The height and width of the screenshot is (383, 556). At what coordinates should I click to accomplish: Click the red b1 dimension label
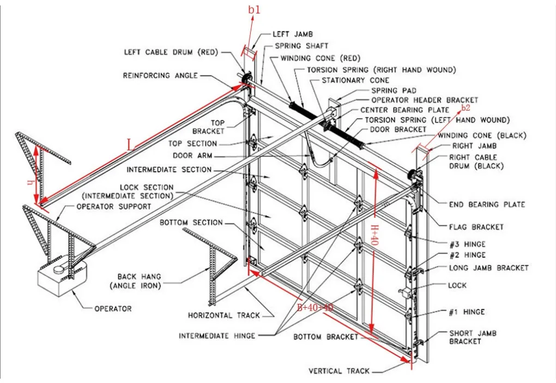pyautogui.click(x=255, y=10)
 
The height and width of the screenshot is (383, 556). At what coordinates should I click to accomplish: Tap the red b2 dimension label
pyautogui.click(x=465, y=107)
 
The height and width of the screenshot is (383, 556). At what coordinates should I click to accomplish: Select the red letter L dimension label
pyautogui.click(x=129, y=145)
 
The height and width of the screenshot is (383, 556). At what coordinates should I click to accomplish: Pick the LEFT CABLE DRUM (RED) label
pyautogui.click(x=171, y=52)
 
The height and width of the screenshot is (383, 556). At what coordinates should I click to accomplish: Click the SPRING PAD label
pyautogui.click(x=394, y=90)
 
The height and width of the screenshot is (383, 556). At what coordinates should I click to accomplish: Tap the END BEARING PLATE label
pyautogui.click(x=487, y=205)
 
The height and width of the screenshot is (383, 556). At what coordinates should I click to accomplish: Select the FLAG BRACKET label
pyautogui.click(x=476, y=227)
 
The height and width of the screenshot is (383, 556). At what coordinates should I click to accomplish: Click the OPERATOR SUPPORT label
pyautogui.click(x=113, y=207)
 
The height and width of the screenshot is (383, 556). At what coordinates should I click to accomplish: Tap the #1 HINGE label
pyautogui.click(x=467, y=312)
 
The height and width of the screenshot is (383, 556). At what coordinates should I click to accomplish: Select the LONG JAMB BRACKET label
pyautogui.click(x=488, y=268)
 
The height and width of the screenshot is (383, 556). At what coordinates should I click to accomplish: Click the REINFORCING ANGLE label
pyautogui.click(x=160, y=75)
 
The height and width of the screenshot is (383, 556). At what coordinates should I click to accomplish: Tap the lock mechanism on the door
pyautogui.click(x=406, y=292)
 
